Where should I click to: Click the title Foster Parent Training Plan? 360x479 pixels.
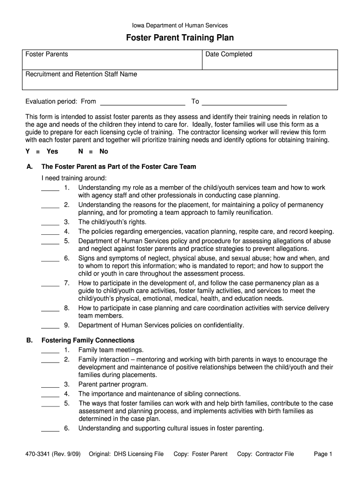180,38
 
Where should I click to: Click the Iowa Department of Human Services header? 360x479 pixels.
180,26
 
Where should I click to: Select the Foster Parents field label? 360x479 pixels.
47,54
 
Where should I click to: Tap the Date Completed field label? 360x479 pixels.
229,54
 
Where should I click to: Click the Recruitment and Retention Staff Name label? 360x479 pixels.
81,74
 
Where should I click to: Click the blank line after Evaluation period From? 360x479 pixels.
143,102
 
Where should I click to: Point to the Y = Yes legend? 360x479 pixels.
42,152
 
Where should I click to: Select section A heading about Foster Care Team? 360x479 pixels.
119,167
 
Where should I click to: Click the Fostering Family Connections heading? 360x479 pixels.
88,340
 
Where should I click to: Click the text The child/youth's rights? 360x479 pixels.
112,222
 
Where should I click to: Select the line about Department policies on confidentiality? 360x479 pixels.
161,325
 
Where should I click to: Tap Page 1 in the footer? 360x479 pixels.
323,454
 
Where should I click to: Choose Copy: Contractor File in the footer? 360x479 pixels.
266,454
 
